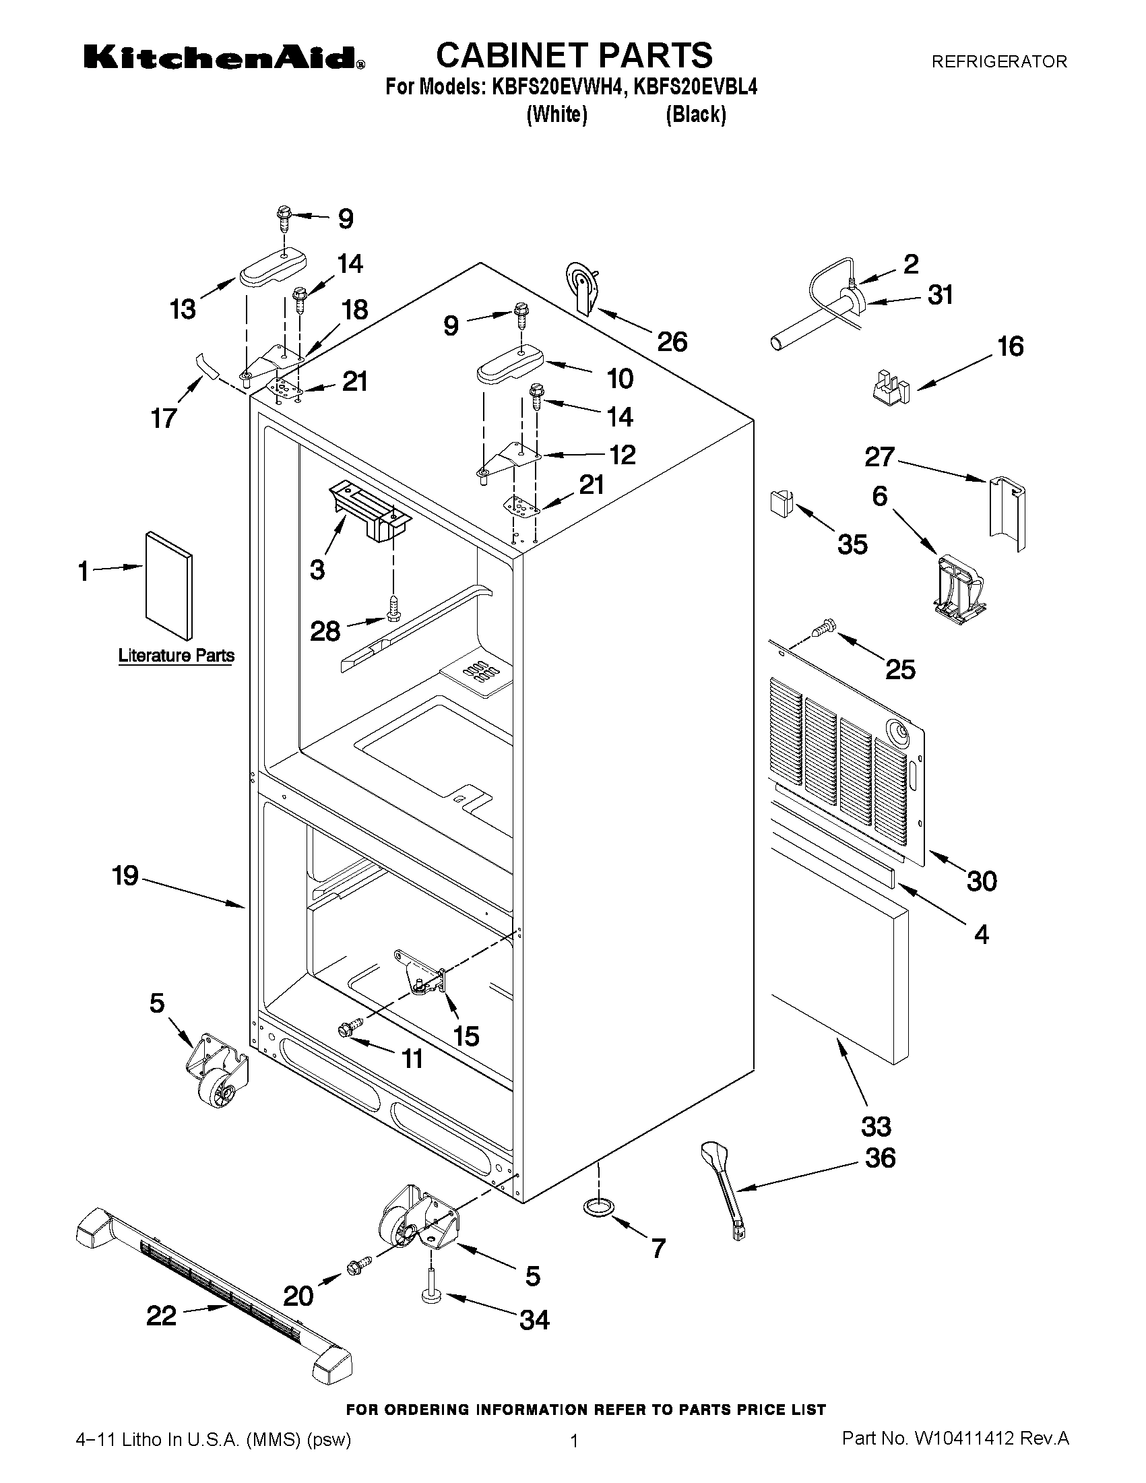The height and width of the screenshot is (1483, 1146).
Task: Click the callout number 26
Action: point(672,341)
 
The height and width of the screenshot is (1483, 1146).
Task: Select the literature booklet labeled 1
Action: point(168,585)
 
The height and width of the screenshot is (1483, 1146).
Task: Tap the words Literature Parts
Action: point(177,656)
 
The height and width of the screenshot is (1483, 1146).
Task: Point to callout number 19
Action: point(125,875)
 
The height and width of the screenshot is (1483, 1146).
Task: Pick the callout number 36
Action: point(880,1157)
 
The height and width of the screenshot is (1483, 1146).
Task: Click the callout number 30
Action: point(982,881)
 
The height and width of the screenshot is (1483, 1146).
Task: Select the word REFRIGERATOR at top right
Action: point(998,62)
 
